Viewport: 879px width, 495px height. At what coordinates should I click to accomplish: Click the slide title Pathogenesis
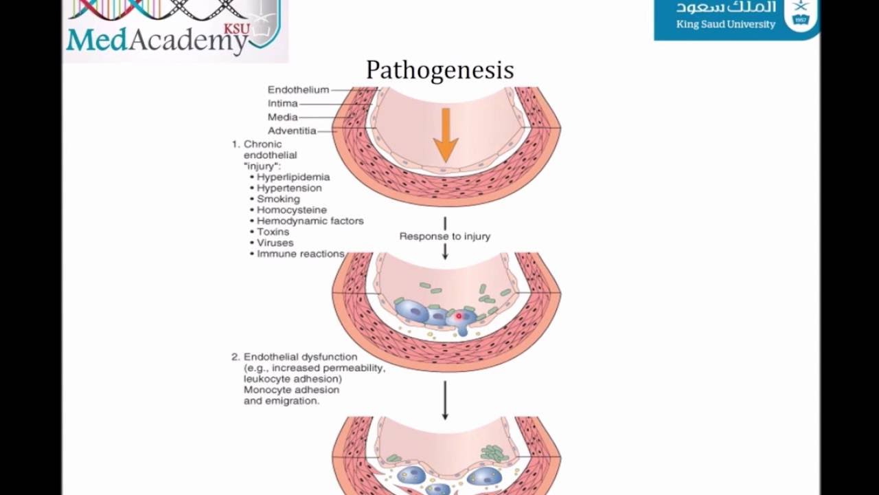point(439,69)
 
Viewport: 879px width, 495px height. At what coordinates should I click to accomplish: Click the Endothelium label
point(298,89)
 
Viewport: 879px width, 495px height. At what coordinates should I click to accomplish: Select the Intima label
point(282,103)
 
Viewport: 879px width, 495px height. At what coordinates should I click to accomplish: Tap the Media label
point(282,117)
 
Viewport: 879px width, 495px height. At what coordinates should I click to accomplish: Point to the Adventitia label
point(292,131)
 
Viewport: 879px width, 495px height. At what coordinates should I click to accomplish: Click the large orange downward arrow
point(445,134)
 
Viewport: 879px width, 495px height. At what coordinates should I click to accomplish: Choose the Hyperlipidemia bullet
point(293,177)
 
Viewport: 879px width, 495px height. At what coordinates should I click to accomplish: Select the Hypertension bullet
point(289,188)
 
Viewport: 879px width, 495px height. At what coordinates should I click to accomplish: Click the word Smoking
point(278,199)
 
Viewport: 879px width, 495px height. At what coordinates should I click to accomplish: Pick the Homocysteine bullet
point(291,210)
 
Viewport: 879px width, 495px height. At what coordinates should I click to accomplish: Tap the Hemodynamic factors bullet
point(310,221)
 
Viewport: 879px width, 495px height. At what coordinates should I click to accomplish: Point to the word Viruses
point(275,243)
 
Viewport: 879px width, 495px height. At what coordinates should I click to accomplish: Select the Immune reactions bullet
point(300,254)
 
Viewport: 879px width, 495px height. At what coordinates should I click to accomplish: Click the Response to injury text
point(445,236)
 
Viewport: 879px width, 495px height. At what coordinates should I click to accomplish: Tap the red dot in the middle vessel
point(459,316)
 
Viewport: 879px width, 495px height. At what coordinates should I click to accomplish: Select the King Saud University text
point(725,25)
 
